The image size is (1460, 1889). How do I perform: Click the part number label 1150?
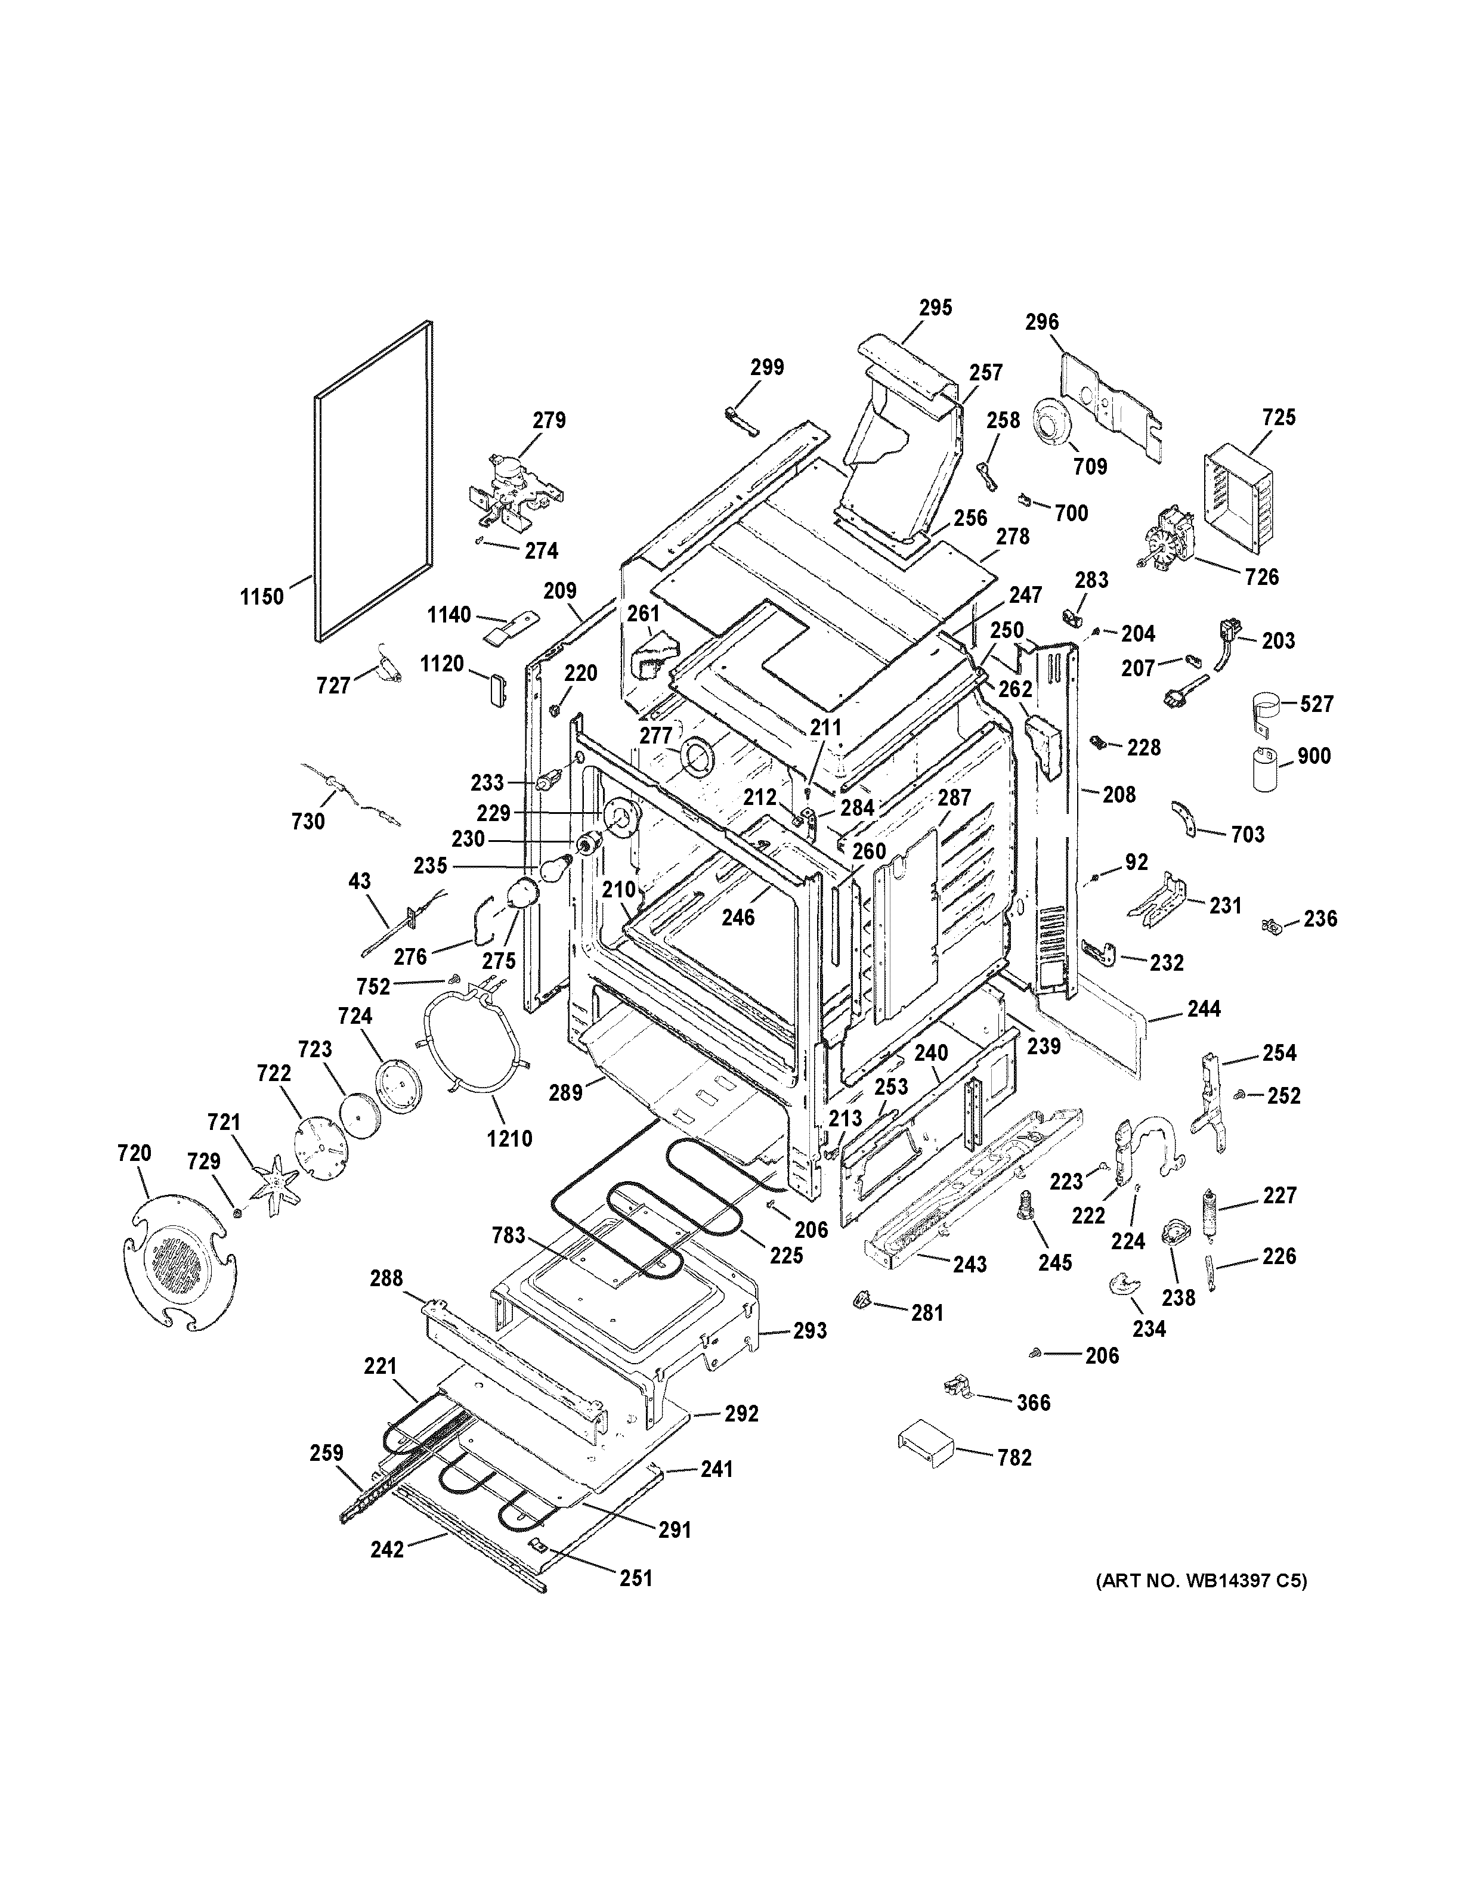261,596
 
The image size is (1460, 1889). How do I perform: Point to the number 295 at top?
935,307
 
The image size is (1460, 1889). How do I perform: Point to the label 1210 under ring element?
509,1138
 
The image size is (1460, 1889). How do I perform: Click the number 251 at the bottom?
636,1578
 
